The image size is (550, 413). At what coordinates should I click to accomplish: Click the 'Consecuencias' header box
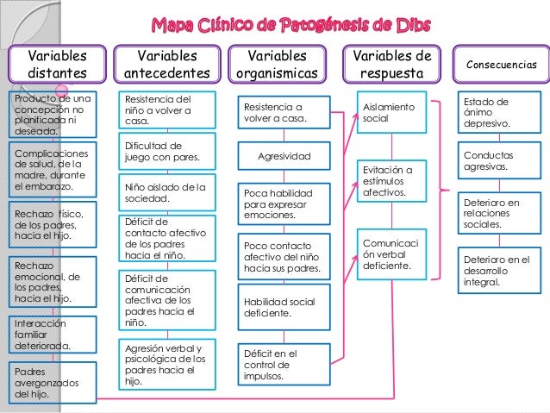(x=502, y=65)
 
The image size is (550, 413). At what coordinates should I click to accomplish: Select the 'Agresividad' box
(x=284, y=156)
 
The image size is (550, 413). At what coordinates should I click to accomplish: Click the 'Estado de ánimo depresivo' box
(x=493, y=113)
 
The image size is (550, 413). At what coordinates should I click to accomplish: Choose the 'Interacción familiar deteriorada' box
(x=49, y=335)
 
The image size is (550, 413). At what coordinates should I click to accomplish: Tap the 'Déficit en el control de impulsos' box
(x=284, y=365)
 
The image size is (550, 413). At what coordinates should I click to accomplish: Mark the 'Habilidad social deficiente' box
(x=284, y=308)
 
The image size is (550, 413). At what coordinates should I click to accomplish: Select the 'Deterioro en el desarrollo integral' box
(x=493, y=271)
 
